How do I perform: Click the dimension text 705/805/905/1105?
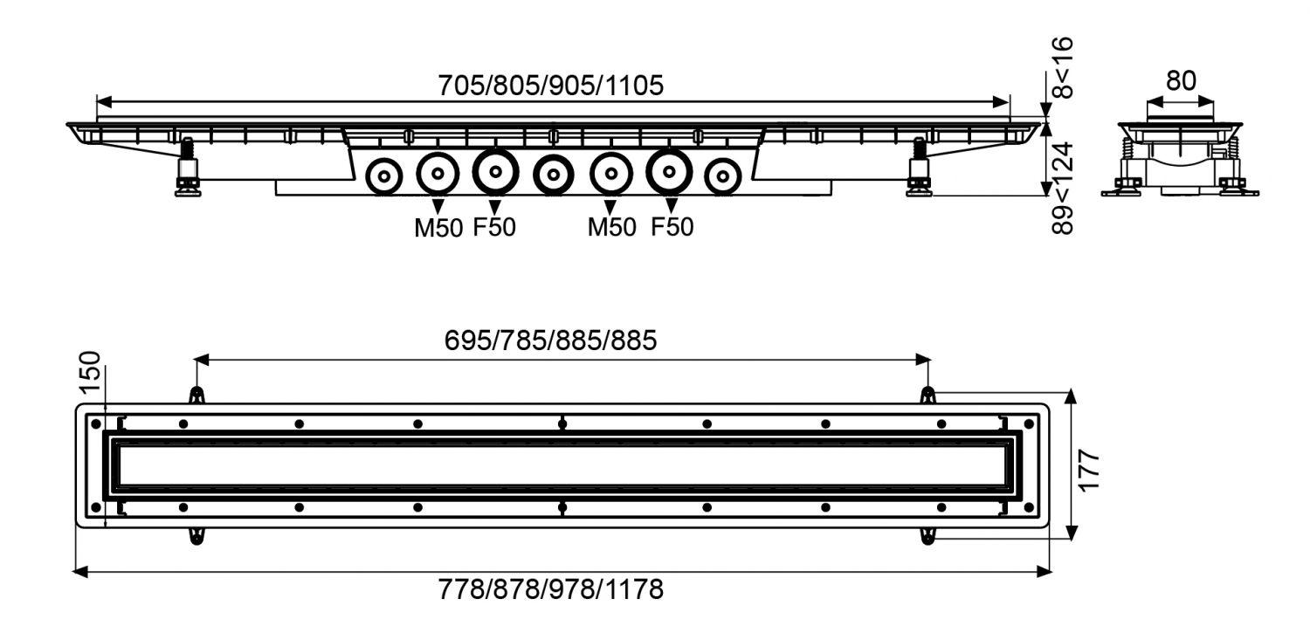550,86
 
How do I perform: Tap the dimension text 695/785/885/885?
550,341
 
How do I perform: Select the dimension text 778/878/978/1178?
550,589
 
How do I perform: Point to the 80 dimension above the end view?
1181,80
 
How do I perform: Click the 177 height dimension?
1088,470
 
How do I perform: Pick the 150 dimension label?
89,372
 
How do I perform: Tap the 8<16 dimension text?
1062,67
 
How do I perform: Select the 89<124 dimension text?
1062,189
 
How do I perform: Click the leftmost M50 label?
438,228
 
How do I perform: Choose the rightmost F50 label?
672,227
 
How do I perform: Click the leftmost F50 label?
494,227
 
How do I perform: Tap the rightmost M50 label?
611,227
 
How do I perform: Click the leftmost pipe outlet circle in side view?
368,175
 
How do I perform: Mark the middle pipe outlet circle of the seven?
535,174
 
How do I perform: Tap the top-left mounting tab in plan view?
197,396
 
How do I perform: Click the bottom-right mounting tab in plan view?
927,537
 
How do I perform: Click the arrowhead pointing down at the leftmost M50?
438,206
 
